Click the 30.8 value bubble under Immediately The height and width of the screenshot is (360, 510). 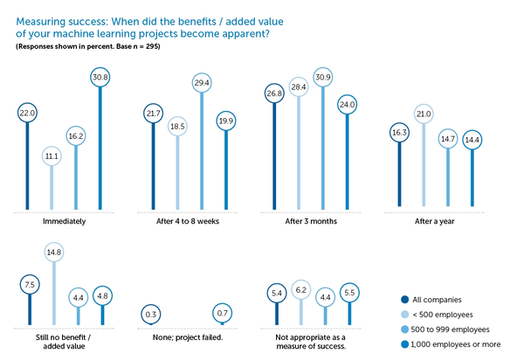[100, 77]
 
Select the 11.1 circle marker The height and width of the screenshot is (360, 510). [52, 156]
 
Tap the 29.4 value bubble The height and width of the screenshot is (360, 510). [202, 83]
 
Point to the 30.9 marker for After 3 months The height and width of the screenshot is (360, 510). [323, 77]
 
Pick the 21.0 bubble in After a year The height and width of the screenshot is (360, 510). [424, 114]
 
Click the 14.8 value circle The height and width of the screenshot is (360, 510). [53, 252]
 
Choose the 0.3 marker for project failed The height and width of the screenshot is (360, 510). [150, 314]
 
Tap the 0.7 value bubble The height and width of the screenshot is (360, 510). [222, 313]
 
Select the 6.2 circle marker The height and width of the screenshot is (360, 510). [301, 289]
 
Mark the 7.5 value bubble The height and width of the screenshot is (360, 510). [30, 285]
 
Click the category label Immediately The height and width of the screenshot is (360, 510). [64, 221]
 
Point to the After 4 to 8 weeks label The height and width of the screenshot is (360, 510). [188, 221]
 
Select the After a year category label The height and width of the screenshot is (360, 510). [435, 221]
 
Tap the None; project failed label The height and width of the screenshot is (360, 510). [188, 337]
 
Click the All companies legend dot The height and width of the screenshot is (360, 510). [404, 300]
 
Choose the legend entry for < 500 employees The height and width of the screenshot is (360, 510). [437, 315]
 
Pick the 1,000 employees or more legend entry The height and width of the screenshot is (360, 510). [451, 344]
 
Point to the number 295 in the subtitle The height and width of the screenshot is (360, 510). [152, 46]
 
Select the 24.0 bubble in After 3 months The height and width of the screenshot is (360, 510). [347, 105]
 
